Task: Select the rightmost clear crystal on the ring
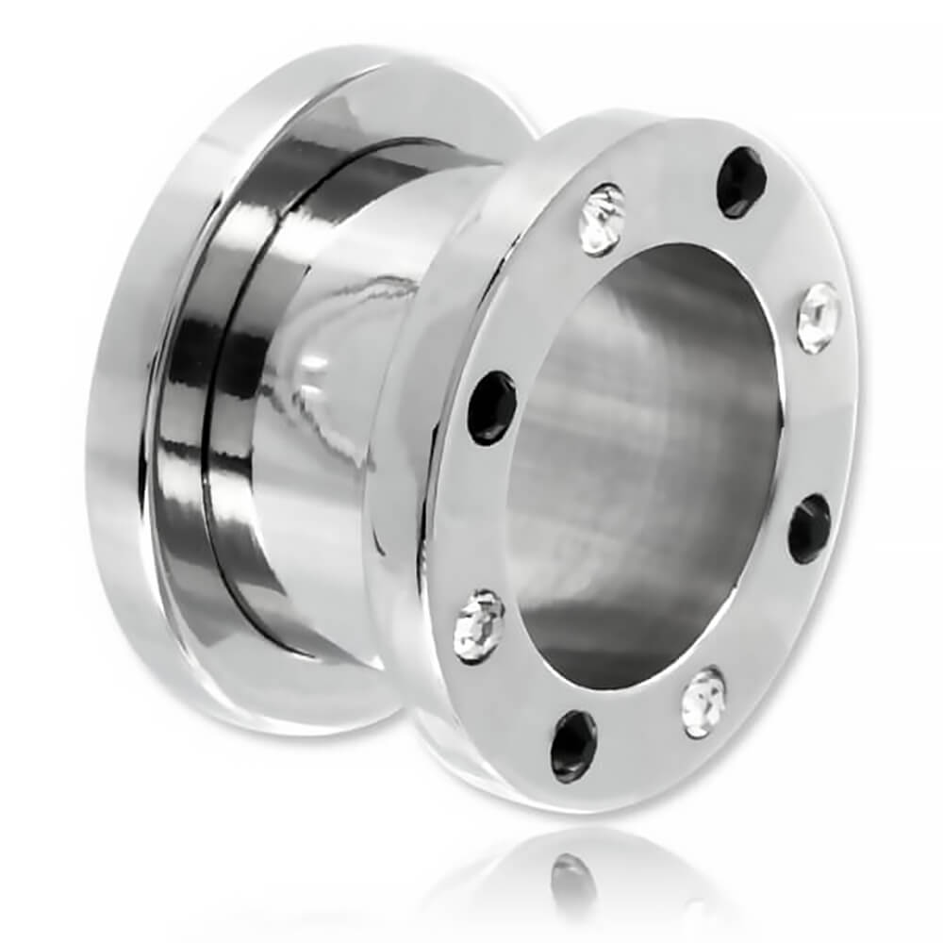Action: (x=817, y=318)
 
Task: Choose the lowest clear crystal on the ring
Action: (x=703, y=703)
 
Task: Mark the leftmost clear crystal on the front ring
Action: (x=479, y=625)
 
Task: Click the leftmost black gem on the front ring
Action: (x=492, y=407)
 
